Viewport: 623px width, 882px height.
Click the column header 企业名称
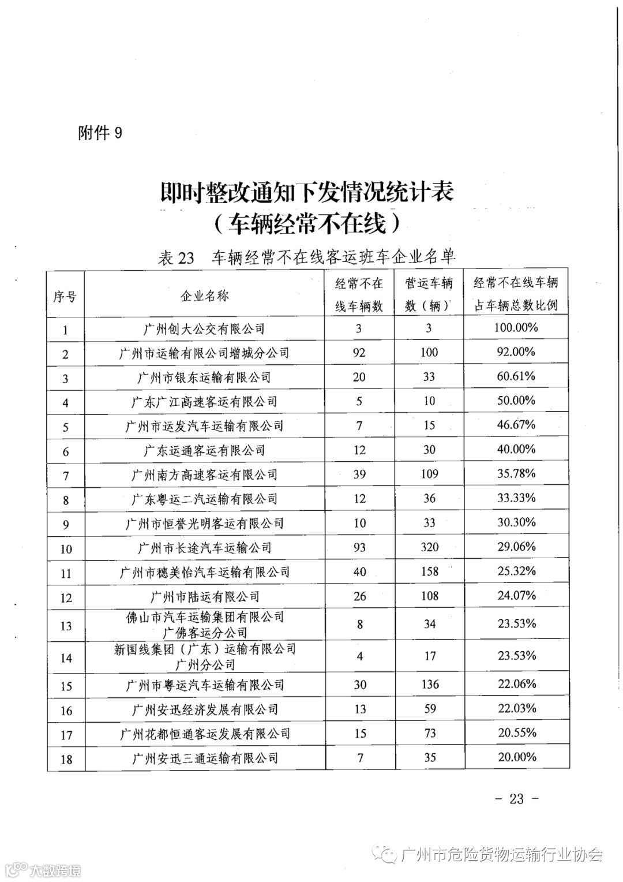[204, 296]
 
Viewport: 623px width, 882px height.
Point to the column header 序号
[65, 296]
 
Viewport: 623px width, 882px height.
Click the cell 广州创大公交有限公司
[204, 329]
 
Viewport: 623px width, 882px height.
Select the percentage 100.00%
[516, 328]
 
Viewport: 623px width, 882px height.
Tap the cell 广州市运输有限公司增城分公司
[204, 353]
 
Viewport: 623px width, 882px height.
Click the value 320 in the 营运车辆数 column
[429, 547]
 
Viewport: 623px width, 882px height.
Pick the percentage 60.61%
[516, 376]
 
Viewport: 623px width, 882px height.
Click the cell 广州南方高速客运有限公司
[204, 475]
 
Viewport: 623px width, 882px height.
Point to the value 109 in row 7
[429, 474]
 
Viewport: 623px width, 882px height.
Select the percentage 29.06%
[516, 547]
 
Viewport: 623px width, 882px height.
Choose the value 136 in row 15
[430, 685]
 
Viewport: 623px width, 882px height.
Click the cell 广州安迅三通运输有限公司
[204, 758]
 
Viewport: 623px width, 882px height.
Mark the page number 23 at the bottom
[516, 799]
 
